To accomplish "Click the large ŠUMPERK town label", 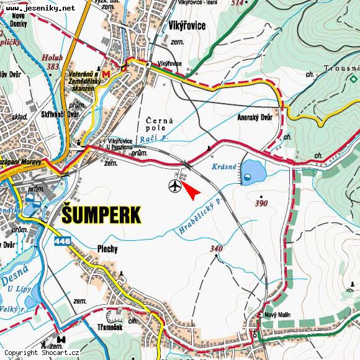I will [102, 215].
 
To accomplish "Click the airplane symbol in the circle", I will [175, 186].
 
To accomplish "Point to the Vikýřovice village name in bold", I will [187, 26].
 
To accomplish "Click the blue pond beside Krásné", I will [251, 171].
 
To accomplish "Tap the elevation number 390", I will [261, 203].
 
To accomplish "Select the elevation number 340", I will [216, 249].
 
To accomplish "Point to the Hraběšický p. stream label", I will [199, 217].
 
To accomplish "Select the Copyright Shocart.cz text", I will [42, 353].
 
